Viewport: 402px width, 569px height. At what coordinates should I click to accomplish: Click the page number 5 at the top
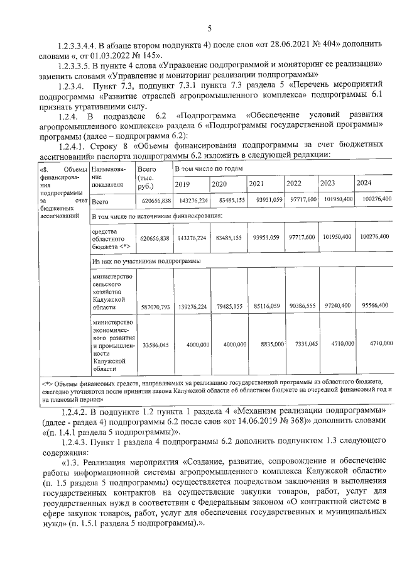pos(210,27)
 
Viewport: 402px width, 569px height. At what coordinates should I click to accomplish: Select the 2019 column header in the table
pos(182,184)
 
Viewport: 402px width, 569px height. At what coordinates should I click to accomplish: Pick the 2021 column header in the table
pos(256,184)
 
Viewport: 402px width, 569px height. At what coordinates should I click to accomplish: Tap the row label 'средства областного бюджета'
pos(109,239)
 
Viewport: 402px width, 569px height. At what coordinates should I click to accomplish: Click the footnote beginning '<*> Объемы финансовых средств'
pos(214,390)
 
